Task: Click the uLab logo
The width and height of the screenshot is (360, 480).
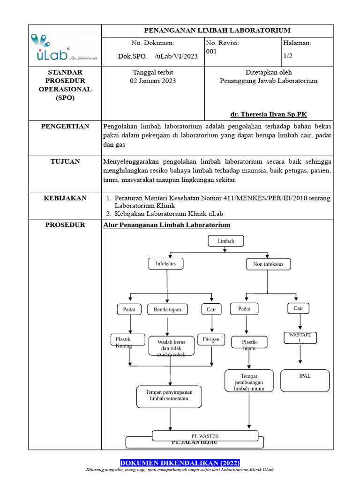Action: coord(64,46)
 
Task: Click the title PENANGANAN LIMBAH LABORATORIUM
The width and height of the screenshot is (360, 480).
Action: coord(217,30)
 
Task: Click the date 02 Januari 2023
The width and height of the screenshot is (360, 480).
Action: coord(153,81)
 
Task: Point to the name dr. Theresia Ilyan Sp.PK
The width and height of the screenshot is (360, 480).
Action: coord(269,114)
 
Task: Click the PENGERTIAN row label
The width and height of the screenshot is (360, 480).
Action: coord(65,127)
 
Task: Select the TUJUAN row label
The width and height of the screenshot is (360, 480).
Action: coord(65,162)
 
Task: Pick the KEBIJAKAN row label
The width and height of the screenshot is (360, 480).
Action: coord(65,198)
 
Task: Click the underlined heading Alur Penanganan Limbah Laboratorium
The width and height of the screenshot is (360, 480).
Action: coord(166,225)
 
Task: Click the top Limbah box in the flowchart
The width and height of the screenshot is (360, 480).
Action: coord(226,241)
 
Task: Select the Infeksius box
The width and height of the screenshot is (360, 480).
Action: coord(165,264)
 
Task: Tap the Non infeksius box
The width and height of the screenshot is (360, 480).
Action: coord(268,264)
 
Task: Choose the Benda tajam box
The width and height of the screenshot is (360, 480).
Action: coord(167,309)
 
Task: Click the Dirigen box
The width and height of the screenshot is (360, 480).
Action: coord(211,339)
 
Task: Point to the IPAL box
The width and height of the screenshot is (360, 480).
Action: coord(305,380)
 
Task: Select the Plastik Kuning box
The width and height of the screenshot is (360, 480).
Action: coord(124,342)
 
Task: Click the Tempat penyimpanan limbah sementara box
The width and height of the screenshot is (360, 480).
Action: coord(169,397)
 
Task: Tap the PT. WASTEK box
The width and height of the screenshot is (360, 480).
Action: coord(205,436)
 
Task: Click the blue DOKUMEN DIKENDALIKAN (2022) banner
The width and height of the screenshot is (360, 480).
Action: coord(180,463)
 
